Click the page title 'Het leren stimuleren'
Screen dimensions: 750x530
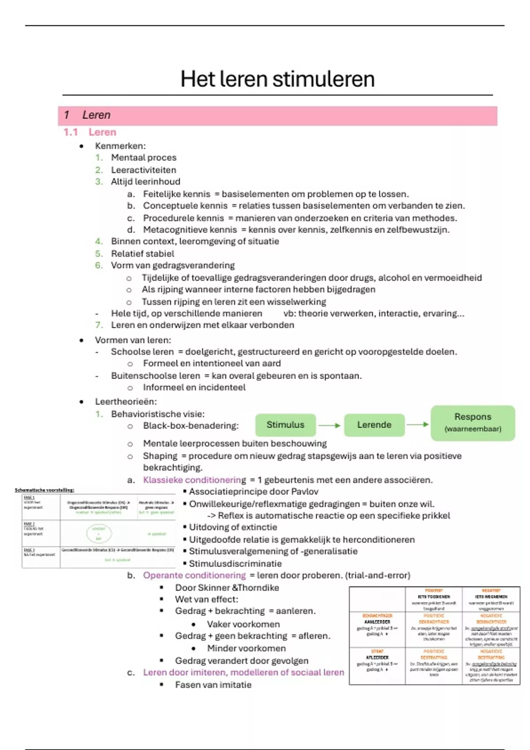coord(277,79)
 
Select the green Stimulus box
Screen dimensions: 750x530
coord(285,425)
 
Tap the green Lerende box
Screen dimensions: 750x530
coord(374,425)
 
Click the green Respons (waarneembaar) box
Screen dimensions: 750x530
coord(473,423)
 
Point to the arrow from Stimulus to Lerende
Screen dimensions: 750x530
coord(329,425)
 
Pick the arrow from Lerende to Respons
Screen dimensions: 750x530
coord(417,424)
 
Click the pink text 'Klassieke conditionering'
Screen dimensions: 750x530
coord(194,480)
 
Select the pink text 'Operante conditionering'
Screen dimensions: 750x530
coord(194,575)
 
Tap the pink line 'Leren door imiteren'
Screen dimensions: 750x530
coord(243,672)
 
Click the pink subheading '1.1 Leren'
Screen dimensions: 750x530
coord(90,132)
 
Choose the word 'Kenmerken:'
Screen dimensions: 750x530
coord(120,146)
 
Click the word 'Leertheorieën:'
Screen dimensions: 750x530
coord(126,402)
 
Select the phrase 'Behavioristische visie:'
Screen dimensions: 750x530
coord(158,414)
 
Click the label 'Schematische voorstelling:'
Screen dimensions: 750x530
coord(45,490)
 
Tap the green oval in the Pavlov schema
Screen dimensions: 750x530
coord(99,533)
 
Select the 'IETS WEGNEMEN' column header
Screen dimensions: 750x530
coord(491,596)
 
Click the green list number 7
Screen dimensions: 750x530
coord(99,325)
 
